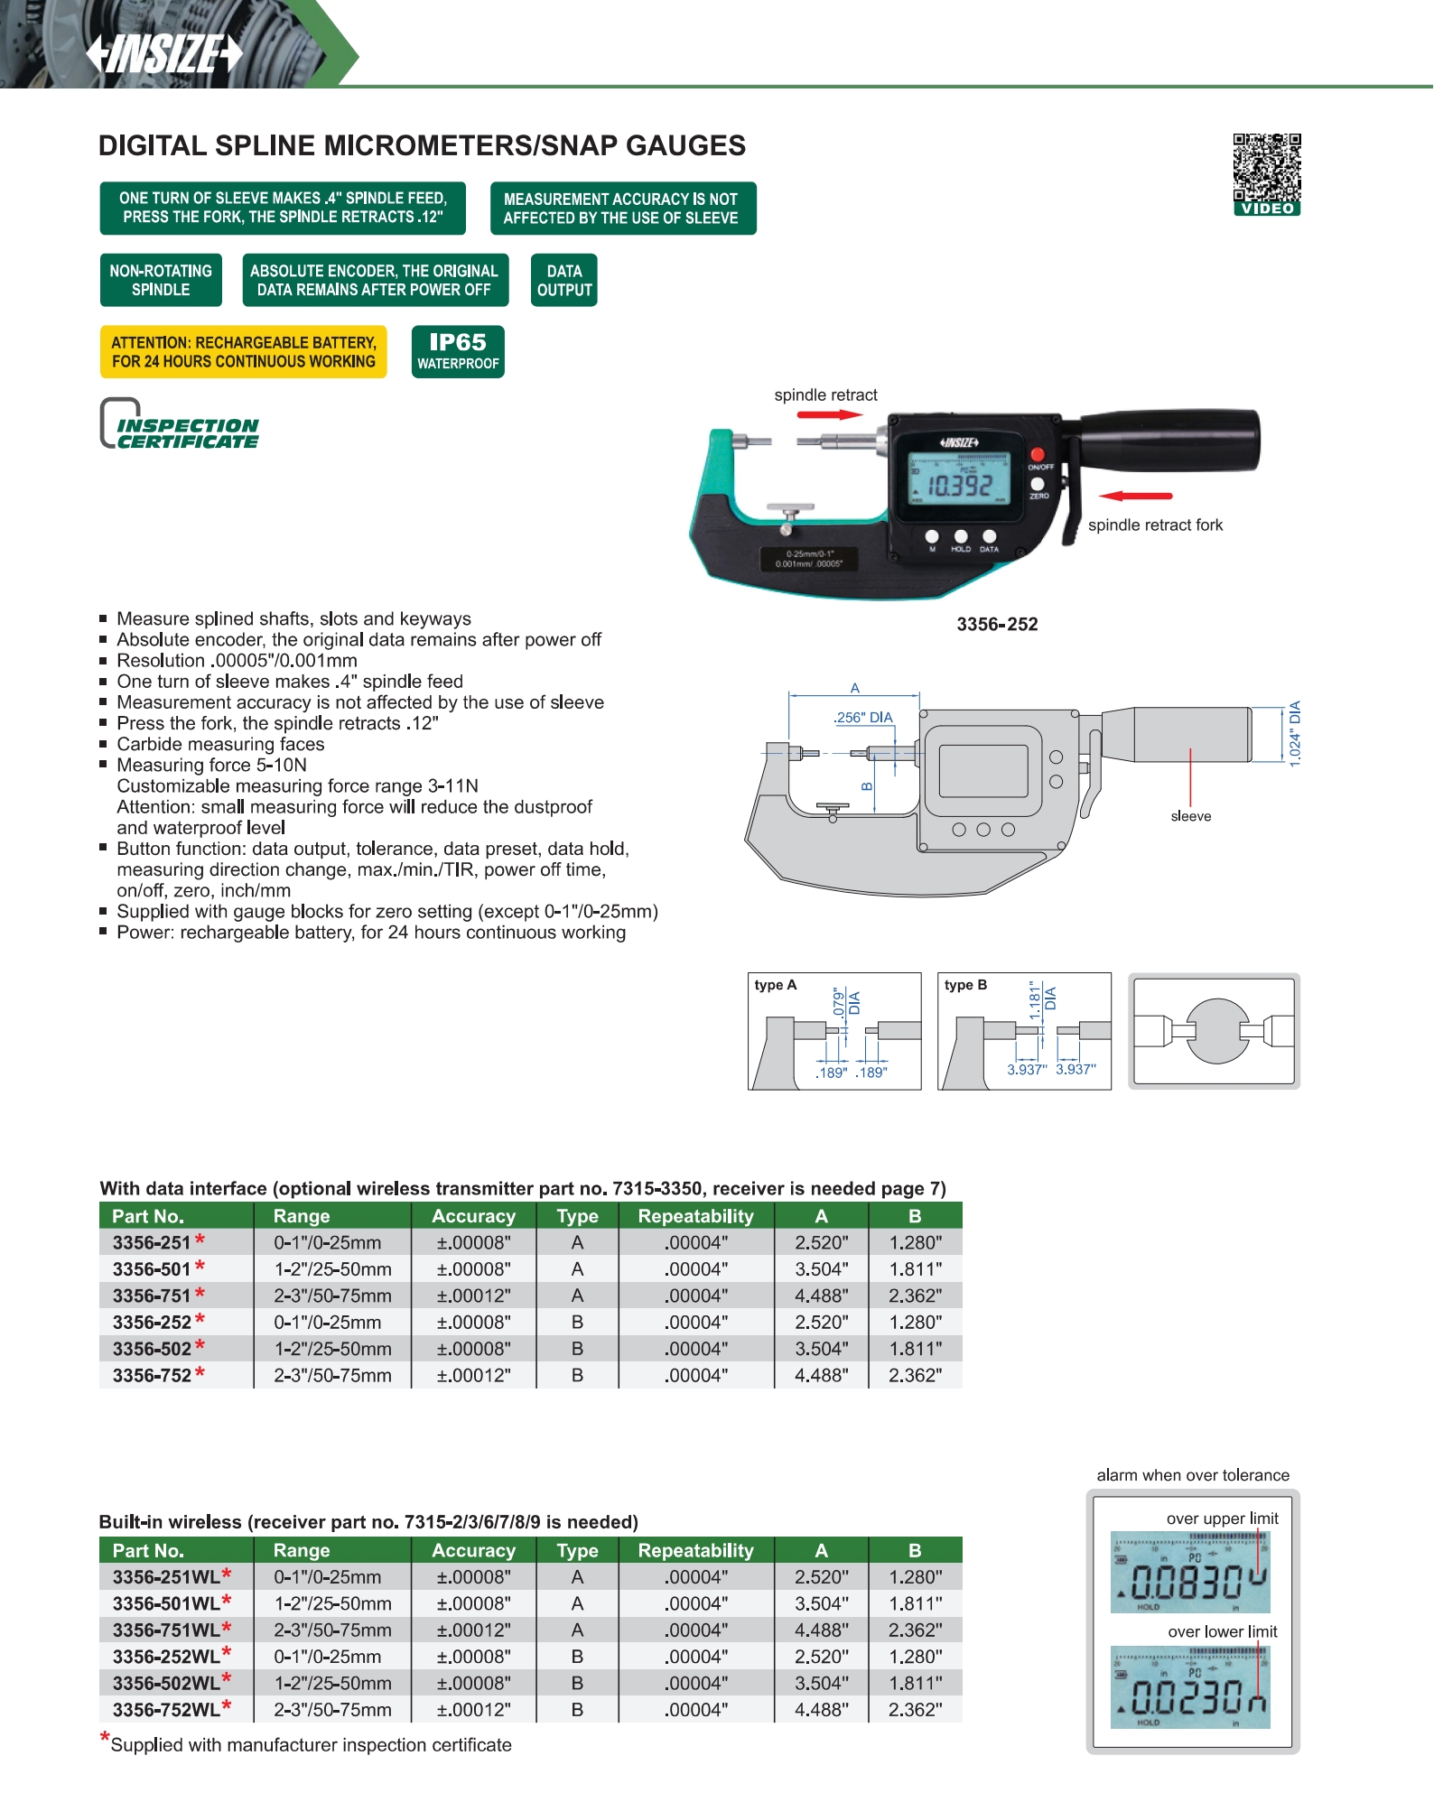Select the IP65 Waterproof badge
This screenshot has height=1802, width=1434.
[x=458, y=351]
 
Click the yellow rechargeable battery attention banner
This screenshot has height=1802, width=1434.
[x=243, y=352]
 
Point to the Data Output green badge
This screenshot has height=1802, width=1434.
[x=564, y=281]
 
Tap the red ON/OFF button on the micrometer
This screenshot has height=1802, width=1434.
[x=1038, y=454]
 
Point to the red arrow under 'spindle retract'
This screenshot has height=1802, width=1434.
[x=829, y=415]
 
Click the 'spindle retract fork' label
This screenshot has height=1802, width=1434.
[x=1155, y=525]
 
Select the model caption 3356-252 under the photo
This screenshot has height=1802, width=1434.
[x=997, y=625]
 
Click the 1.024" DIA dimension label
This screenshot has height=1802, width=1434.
[x=1295, y=733]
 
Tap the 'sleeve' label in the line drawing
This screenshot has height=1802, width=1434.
[x=1190, y=816]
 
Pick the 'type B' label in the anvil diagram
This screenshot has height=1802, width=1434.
[x=965, y=985]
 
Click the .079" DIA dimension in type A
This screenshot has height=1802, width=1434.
[x=846, y=1002]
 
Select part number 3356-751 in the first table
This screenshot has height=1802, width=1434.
[x=152, y=1296]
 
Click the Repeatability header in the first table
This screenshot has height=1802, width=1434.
[x=695, y=1216]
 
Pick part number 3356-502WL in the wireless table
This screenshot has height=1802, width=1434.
[x=166, y=1684]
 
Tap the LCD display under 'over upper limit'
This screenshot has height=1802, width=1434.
[x=1189, y=1573]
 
